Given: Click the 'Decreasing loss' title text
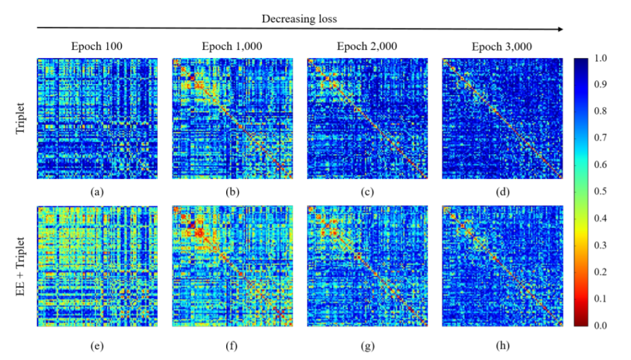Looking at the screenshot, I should (x=299, y=18).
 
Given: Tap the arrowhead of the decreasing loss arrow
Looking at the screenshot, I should (x=561, y=28).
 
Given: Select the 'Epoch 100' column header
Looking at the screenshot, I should (x=97, y=47).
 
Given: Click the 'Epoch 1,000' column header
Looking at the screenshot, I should (x=232, y=47).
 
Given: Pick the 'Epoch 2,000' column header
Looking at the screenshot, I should (x=367, y=47).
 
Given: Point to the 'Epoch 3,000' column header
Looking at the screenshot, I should (x=502, y=47).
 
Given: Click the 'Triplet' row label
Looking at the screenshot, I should (x=22, y=119).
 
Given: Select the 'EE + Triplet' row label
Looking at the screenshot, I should (x=22, y=266).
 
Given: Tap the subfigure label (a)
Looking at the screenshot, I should (x=97, y=192).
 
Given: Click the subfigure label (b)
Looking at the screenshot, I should (x=232, y=192).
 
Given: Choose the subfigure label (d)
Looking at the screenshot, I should (x=503, y=192).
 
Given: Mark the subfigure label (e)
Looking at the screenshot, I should (x=97, y=346).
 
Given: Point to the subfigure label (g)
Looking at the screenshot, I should (x=367, y=346).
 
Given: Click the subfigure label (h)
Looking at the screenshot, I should (x=503, y=346).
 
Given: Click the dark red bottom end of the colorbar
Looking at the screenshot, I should (x=582, y=322).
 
